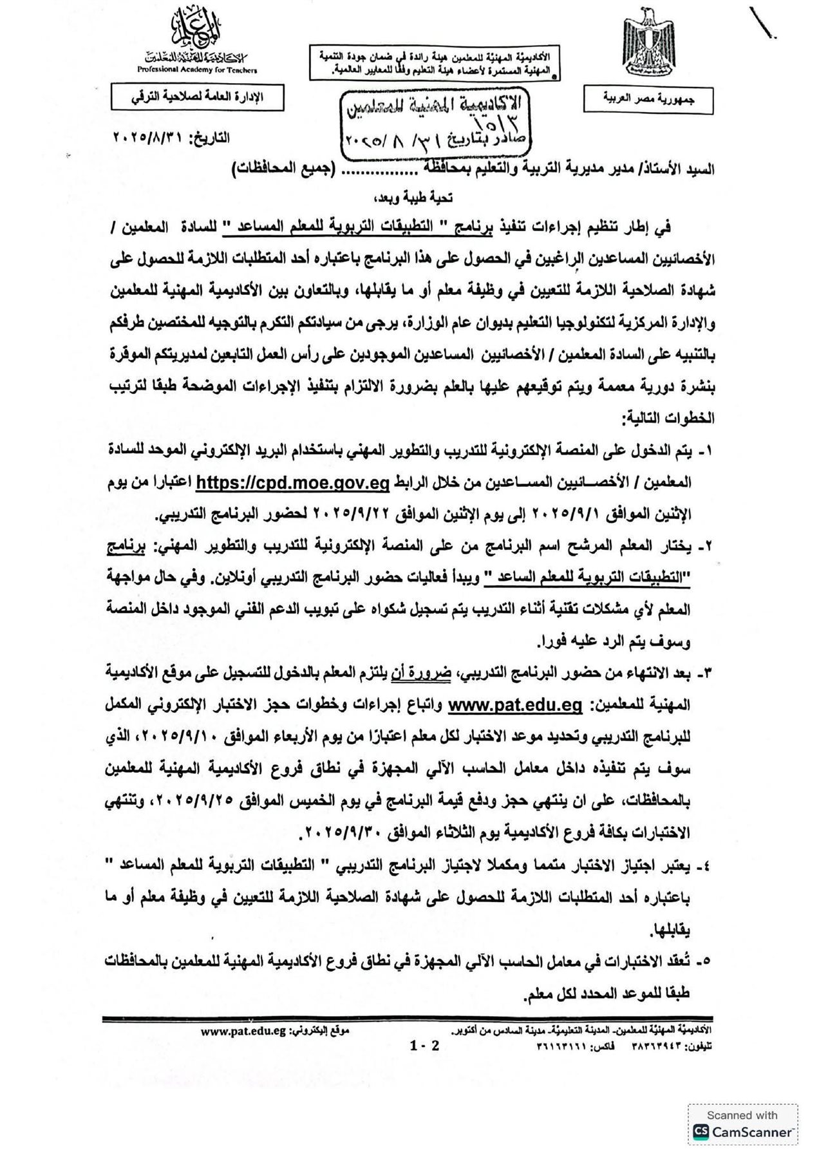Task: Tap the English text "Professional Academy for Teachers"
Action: [196, 70]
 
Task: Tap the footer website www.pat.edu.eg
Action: [243, 1031]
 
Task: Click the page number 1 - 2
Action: [424, 1046]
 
